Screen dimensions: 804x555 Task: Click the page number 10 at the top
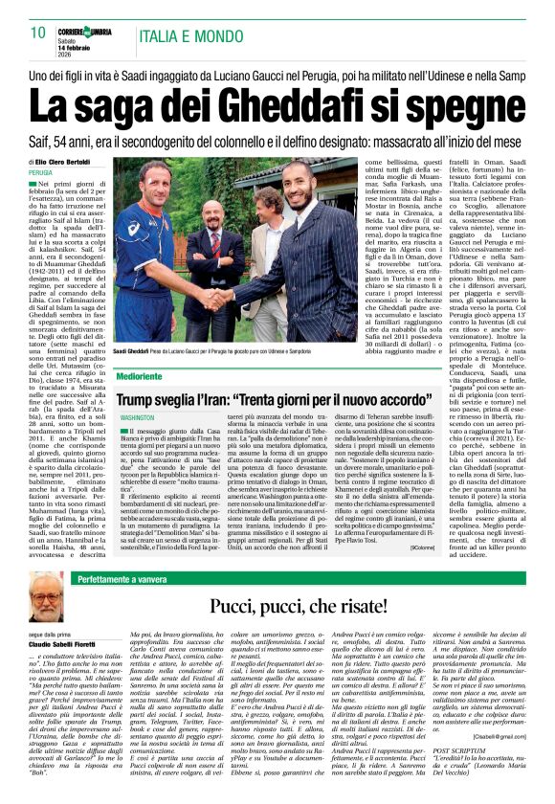(37, 33)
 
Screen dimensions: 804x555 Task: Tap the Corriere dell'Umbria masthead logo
(89, 28)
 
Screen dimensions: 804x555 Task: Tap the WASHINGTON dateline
(139, 418)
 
